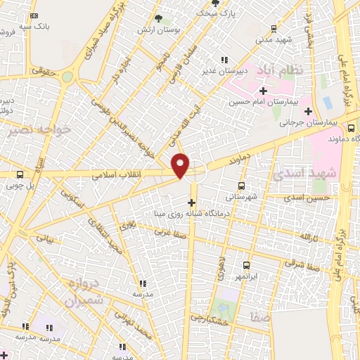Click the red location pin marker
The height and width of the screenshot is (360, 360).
click(x=181, y=165)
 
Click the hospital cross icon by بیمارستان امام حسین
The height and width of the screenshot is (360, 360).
click(x=263, y=91)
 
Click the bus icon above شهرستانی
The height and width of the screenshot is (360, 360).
click(x=242, y=186)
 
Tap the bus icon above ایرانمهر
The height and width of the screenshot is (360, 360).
click(x=245, y=265)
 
